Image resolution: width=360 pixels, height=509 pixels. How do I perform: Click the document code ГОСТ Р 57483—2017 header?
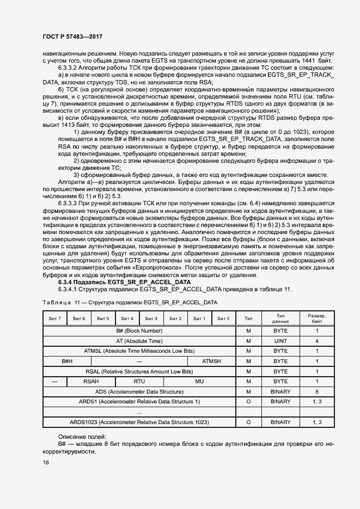click(72, 36)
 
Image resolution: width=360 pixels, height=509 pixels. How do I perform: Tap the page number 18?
click(46, 463)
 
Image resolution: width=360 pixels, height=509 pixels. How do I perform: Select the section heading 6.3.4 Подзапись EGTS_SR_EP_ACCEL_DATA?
click(124, 283)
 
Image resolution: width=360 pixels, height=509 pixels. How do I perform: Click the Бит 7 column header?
click(55, 318)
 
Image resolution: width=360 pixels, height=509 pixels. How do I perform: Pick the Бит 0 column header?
click(223, 318)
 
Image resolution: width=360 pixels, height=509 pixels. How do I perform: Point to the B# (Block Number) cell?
click(139, 330)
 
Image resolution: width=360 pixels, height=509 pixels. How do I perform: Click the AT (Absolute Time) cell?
click(139, 341)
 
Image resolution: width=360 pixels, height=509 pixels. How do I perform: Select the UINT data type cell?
click(280, 341)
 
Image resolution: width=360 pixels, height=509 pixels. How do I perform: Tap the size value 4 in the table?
click(317, 341)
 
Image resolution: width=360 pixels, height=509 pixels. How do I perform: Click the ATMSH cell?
click(211, 361)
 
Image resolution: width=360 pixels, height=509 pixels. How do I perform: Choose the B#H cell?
click(67, 361)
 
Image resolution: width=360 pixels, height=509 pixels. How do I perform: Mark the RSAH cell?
click(91, 382)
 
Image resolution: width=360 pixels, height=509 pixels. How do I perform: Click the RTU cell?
click(139, 382)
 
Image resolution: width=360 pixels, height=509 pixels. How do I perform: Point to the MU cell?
click(199, 382)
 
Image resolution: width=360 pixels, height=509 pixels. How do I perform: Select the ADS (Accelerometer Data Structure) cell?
click(139, 391)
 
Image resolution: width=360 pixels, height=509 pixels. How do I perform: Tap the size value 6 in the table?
click(317, 391)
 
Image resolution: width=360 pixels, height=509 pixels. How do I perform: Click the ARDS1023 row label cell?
click(139, 422)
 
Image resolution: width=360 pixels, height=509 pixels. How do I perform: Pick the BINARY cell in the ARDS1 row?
click(280, 402)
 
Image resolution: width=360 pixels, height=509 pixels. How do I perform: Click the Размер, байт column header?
click(317, 318)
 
